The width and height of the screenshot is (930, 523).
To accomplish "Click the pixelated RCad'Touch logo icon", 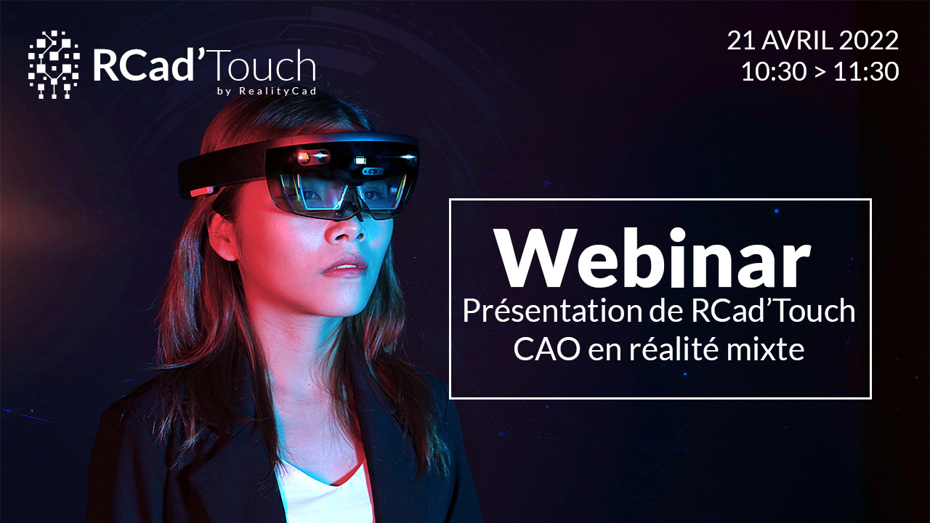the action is point(54,65).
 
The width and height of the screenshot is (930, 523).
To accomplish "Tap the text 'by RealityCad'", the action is point(267,91).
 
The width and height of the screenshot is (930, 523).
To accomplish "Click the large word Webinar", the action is point(653,258).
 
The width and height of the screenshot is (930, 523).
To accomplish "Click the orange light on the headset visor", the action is point(303,156).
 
